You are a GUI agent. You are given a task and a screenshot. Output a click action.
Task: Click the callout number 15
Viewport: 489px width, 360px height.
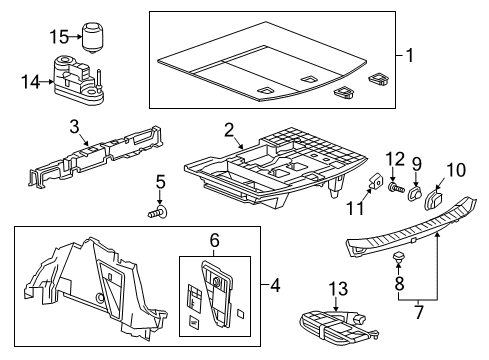pyautogui.click(x=59, y=37)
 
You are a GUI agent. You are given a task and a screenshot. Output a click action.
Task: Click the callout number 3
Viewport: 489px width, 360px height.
pyautogui.click(x=73, y=126)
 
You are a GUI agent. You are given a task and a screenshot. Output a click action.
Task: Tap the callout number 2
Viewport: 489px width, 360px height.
pyautogui.click(x=229, y=128)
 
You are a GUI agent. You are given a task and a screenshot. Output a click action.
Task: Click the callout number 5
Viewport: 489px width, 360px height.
pyautogui.click(x=159, y=182)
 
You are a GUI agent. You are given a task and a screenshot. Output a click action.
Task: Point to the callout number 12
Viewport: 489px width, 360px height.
pyautogui.click(x=395, y=157)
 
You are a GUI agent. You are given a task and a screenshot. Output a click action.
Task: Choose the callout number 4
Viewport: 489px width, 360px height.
pyautogui.click(x=276, y=285)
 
